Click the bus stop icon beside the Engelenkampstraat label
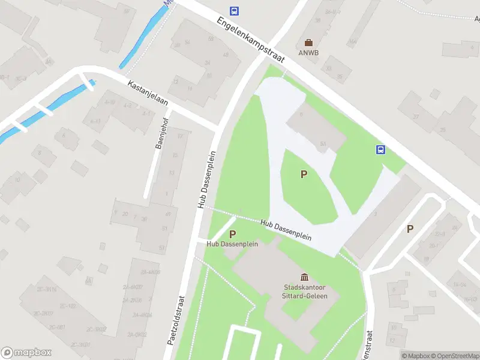(234, 11)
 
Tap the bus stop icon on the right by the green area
(380, 149)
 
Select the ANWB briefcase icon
(308, 42)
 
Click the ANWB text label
(309, 52)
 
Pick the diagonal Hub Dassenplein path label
(286, 229)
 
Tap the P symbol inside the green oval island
(304, 175)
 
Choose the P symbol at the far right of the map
(410, 228)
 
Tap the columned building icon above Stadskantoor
(304, 277)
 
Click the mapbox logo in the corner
(26, 353)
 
